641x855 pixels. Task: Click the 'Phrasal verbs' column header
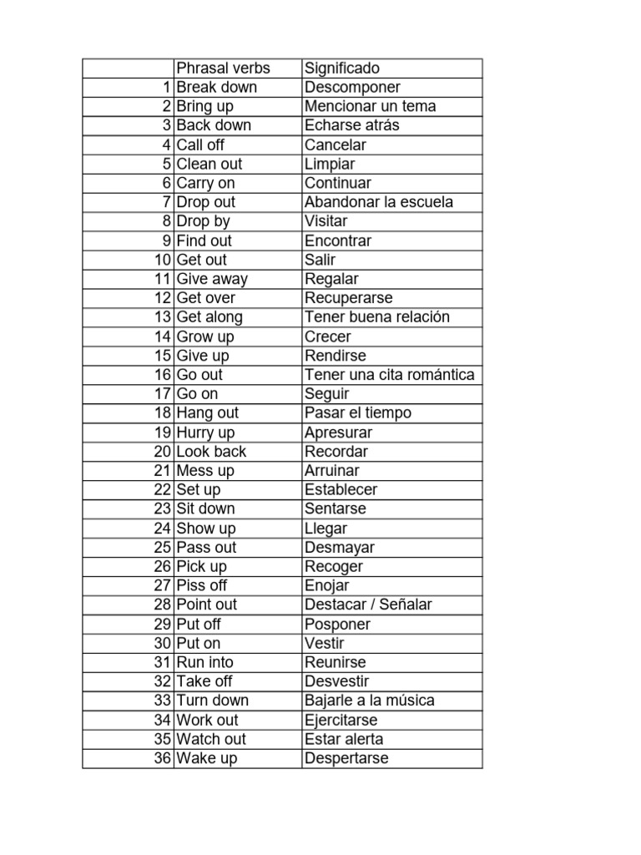pyautogui.click(x=224, y=68)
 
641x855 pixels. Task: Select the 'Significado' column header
pyautogui.click(x=342, y=68)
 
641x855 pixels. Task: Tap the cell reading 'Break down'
pyautogui.click(x=217, y=87)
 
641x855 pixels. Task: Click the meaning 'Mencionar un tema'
pyautogui.click(x=371, y=106)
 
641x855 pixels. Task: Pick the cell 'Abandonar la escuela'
pyautogui.click(x=380, y=202)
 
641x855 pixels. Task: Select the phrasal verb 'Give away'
pyautogui.click(x=212, y=279)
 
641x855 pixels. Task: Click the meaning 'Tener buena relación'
pyautogui.click(x=377, y=316)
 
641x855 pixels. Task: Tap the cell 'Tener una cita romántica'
pyautogui.click(x=390, y=374)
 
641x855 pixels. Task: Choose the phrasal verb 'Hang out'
pyautogui.click(x=208, y=412)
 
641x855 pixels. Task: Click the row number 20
pyautogui.click(x=163, y=451)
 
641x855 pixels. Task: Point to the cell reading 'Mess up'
pyautogui.click(x=206, y=470)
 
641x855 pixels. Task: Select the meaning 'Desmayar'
pyautogui.click(x=340, y=547)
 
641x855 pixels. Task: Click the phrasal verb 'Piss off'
pyautogui.click(x=202, y=585)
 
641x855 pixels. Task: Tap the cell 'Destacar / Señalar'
pyautogui.click(x=368, y=605)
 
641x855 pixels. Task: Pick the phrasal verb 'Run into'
pyautogui.click(x=205, y=662)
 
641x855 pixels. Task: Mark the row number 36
pyautogui.click(x=163, y=758)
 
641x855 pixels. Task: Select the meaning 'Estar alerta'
pyautogui.click(x=345, y=739)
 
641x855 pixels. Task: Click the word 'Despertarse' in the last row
pyautogui.click(x=347, y=758)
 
